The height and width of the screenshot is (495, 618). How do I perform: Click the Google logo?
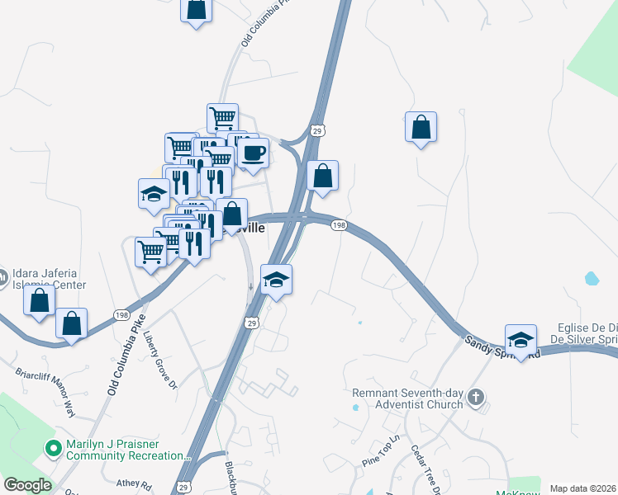[x=27, y=485]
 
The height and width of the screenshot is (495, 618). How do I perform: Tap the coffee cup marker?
[x=253, y=154]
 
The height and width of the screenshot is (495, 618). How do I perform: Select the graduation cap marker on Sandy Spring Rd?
[x=521, y=341]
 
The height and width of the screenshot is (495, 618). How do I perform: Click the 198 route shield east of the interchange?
[x=339, y=225]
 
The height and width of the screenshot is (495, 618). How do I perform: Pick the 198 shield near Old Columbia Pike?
[x=121, y=314]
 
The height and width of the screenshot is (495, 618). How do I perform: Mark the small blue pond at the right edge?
[x=592, y=278]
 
